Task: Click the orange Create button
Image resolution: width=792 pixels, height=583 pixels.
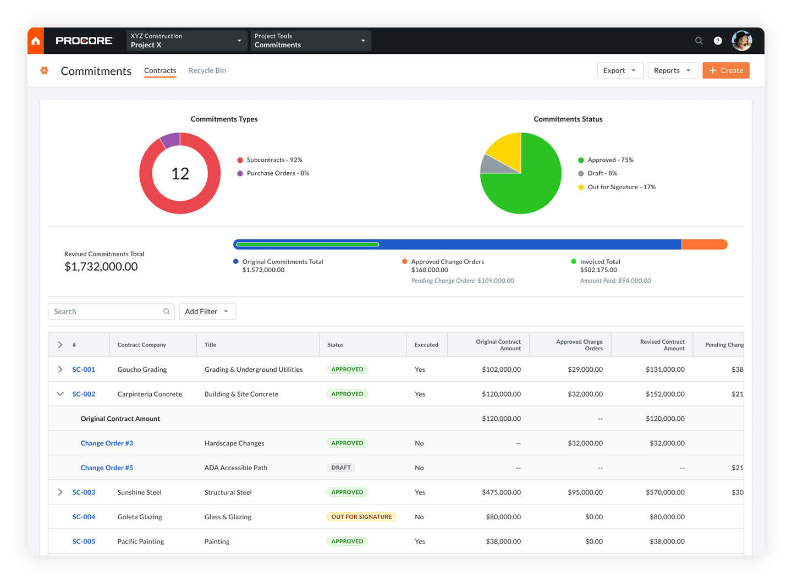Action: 725,70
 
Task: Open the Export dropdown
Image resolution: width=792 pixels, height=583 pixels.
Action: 620,70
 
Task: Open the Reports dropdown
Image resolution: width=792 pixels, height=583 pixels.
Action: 672,70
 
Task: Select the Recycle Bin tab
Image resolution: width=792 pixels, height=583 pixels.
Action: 207,70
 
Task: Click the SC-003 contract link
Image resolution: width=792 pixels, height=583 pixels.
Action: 84,492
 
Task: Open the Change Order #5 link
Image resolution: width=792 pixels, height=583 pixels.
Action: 107,468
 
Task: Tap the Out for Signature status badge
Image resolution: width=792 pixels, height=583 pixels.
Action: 361,517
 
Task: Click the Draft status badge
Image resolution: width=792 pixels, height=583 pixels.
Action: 341,468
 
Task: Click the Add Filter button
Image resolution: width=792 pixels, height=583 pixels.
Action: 207,311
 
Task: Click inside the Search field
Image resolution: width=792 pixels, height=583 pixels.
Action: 107,311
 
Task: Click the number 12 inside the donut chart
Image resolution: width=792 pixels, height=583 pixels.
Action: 180,174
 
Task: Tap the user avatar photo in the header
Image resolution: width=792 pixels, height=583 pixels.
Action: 741,41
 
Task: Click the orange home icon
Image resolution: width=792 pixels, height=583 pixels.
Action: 36,41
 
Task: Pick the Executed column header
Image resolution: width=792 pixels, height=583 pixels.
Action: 426,345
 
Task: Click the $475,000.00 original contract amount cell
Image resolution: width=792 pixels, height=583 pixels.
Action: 501,492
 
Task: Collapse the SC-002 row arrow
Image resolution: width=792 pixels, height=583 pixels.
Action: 60,394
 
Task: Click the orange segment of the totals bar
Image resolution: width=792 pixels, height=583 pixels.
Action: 704,244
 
